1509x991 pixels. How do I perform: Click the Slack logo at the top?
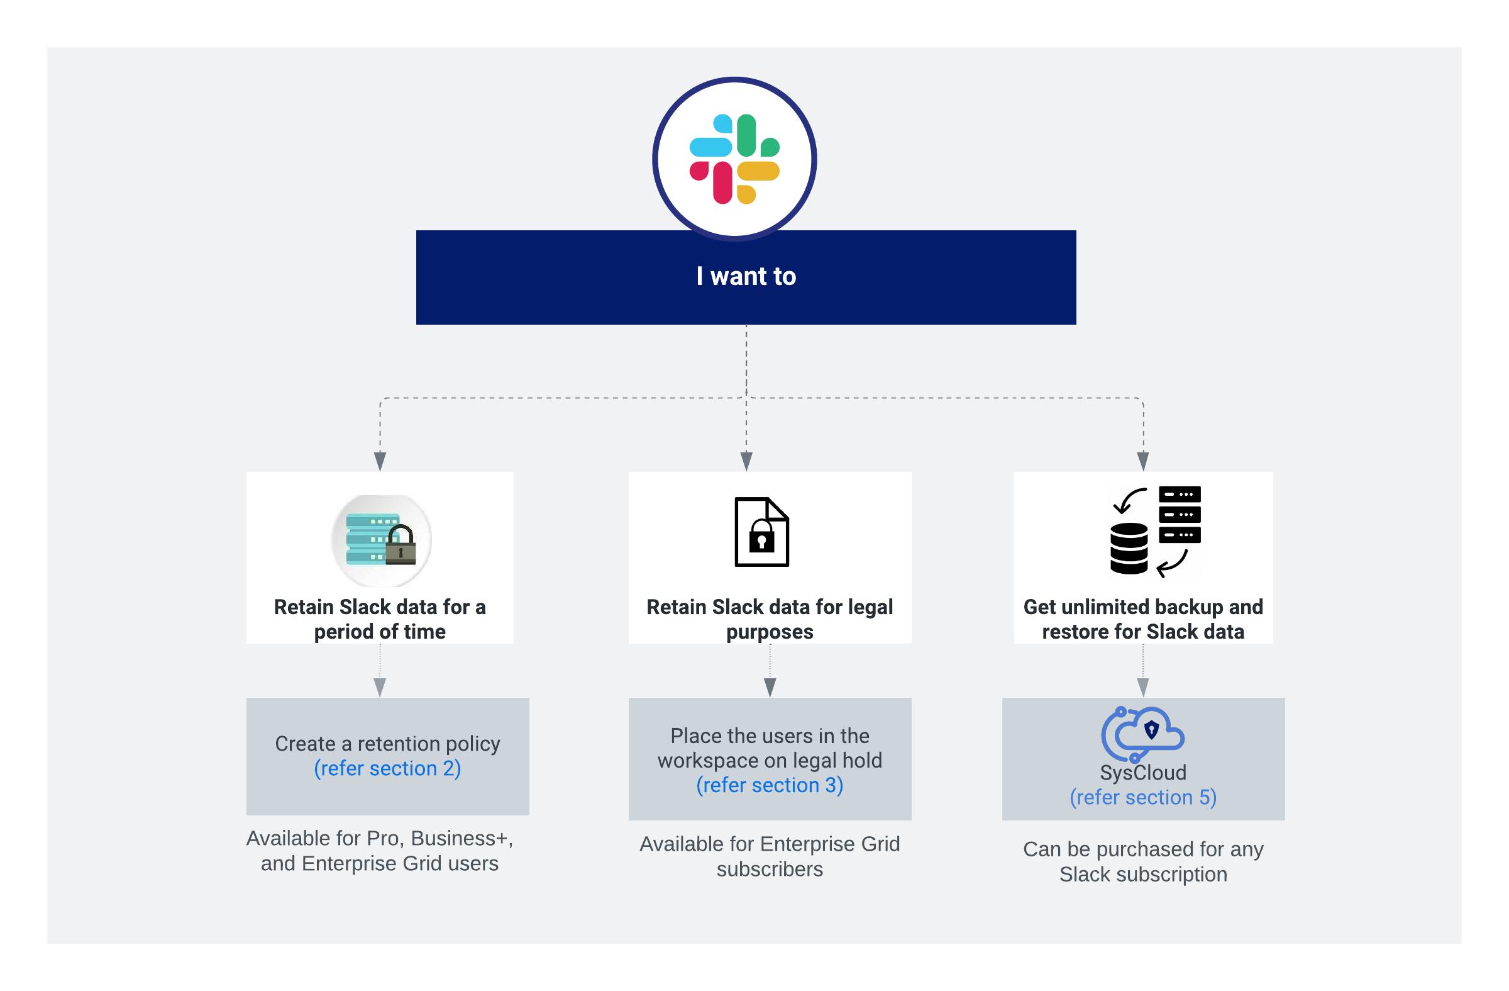[734, 159]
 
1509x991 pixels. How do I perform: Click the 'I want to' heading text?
[746, 277]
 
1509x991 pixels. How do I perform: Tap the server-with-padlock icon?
[381, 540]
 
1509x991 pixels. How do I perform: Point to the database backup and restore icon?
[1155, 531]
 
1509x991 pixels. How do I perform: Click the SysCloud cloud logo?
[1142, 734]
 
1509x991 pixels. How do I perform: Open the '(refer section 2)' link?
[387, 768]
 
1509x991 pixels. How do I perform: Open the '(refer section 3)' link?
[770, 785]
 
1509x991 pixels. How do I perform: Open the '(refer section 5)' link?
[1142, 797]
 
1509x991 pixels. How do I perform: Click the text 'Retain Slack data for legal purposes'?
[770, 619]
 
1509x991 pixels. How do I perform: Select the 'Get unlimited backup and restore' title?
[1142, 619]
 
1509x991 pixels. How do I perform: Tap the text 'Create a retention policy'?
[387, 744]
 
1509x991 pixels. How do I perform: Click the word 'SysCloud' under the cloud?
[1142, 773]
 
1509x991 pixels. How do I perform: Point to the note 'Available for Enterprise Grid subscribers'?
[770, 856]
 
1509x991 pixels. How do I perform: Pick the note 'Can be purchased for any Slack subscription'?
[1142, 861]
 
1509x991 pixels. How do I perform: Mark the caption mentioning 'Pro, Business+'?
[380, 851]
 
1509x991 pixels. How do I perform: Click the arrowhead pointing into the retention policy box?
[380, 688]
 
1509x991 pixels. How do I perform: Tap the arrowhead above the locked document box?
[746, 461]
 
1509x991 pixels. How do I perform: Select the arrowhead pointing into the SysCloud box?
[1142, 688]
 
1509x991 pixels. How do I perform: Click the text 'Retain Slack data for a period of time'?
[380, 619]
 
